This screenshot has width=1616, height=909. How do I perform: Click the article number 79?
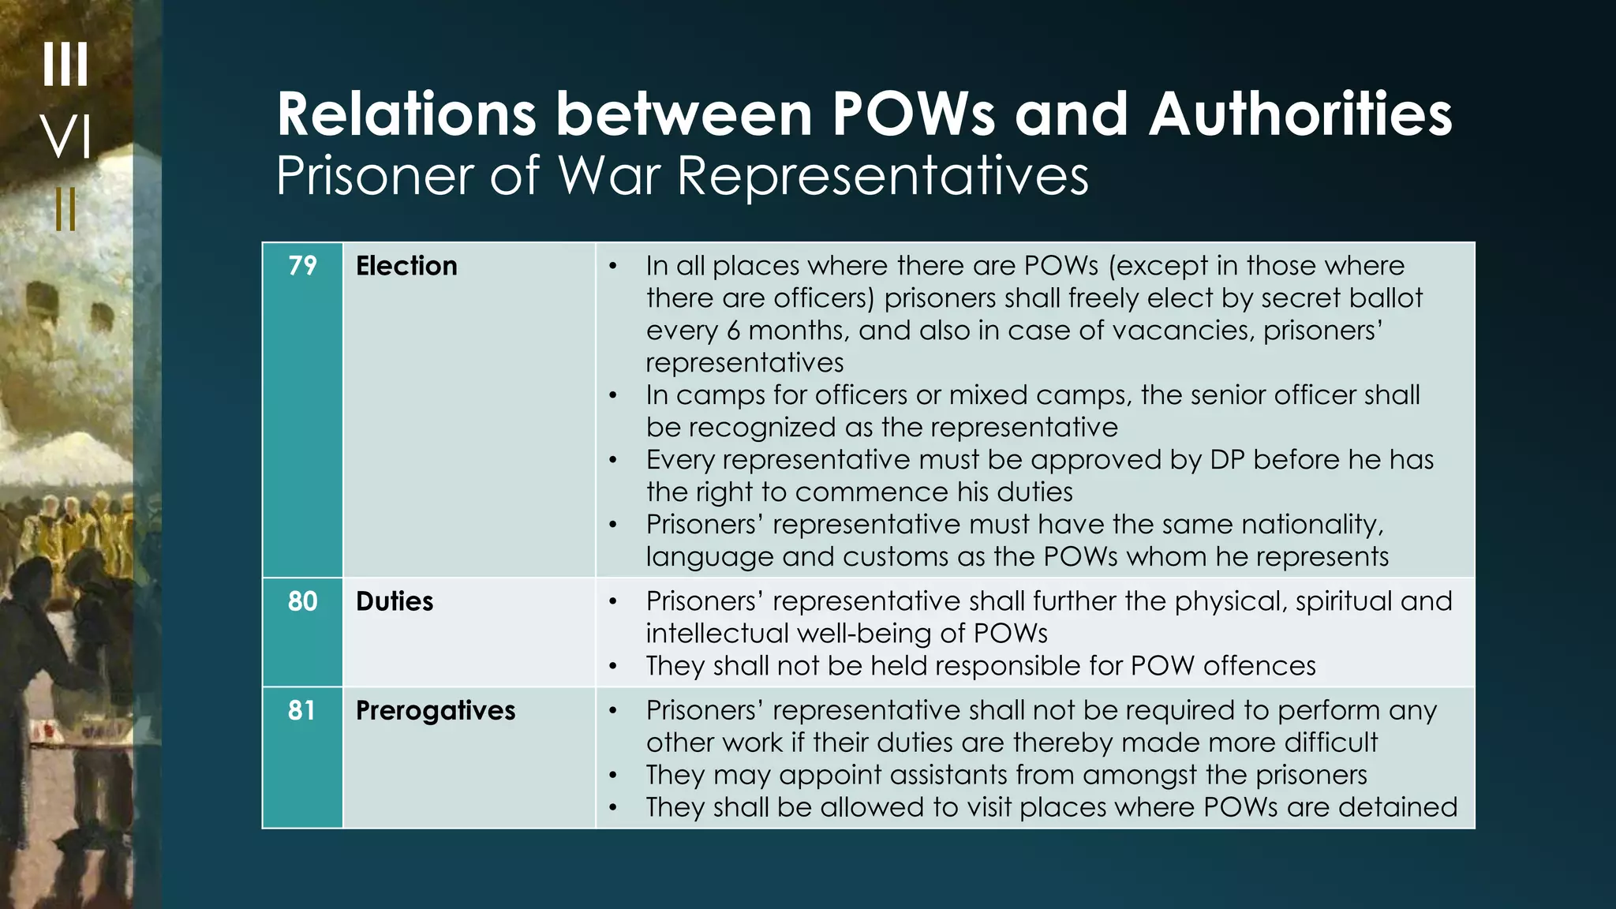click(x=302, y=266)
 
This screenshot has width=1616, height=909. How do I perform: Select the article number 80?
click(x=302, y=601)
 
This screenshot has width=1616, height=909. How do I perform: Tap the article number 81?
click(x=301, y=710)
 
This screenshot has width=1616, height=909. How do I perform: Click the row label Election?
click(x=406, y=266)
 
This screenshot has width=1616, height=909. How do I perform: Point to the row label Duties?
click(x=395, y=601)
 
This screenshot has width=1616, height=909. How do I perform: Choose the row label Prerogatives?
click(x=436, y=711)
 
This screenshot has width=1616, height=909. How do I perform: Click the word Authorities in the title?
click(x=1300, y=114)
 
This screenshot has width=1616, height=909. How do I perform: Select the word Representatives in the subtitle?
click(x=883, y=175)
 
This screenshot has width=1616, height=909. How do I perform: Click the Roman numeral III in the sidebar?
click(x=65, y=64)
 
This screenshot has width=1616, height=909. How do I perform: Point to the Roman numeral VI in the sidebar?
click(x=66, y=137)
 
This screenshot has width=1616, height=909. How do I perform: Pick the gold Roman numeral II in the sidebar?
click(x=66, y=209)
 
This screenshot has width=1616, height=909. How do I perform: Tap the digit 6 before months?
click(x=733, y=331)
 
